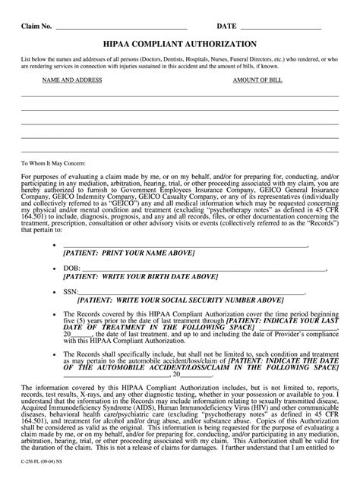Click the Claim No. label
36,26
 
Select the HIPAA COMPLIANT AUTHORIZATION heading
180,44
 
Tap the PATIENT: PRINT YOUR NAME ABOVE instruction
129,252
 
